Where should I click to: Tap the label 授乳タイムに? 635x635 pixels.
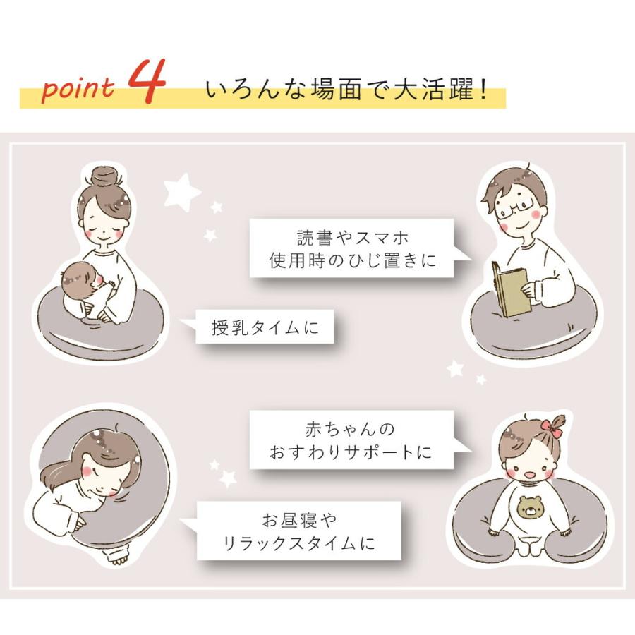point(265,327)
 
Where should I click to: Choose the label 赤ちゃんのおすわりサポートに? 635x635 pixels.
point(350,440)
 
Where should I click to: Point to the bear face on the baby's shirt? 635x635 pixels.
point(532,507)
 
